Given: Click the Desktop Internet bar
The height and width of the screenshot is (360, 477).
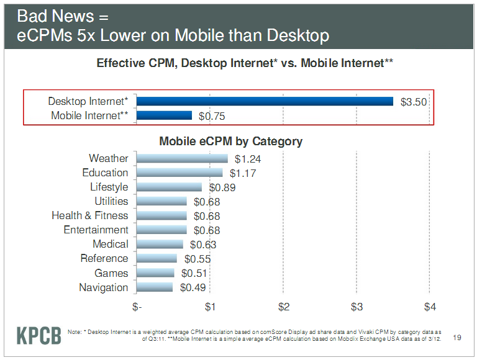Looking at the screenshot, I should [265, 101].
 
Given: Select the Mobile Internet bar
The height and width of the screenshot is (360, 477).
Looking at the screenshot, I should [164, 115].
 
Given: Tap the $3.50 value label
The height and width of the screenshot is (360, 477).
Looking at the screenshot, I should [414, 102].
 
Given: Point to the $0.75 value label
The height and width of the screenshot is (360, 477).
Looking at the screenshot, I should [212, 116].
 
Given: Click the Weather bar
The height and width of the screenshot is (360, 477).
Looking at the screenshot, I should [182, 158].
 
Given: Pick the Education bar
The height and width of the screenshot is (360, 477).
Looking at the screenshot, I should [179, 173].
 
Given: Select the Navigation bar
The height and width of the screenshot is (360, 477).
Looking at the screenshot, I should [155, 287].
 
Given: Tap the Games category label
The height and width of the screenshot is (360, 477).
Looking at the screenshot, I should [111, 273].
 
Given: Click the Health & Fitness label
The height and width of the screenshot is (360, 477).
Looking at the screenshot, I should [90, 215].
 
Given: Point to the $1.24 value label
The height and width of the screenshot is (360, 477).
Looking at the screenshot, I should [247, 159].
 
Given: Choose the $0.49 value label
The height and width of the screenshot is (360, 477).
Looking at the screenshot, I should [193, 287].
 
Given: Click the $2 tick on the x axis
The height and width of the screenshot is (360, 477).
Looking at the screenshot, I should [284, 307].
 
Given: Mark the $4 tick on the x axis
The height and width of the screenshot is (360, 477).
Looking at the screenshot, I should [430, 307].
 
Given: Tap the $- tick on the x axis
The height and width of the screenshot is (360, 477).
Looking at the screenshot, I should [137, 307].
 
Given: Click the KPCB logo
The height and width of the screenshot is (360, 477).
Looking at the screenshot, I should [39, 335].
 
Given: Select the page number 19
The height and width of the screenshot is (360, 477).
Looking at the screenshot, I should [457, 338].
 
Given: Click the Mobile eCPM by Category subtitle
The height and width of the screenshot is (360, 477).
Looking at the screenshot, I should [230, 141].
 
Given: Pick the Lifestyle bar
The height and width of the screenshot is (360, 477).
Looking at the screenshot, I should [169, 187].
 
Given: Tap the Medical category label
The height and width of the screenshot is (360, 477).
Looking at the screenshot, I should [111, 244].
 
